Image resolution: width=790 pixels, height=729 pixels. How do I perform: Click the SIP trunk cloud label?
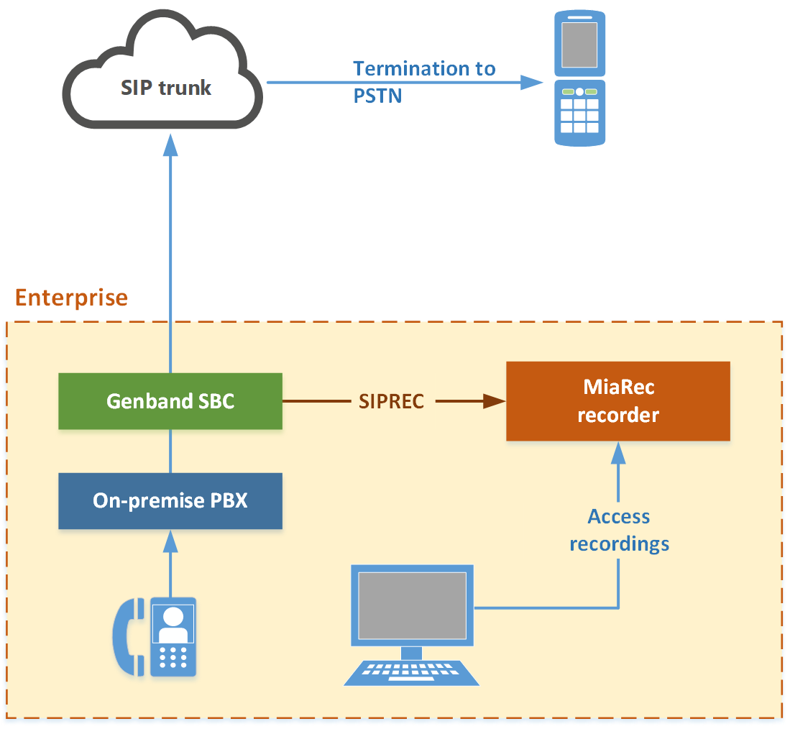[x=165, y=88]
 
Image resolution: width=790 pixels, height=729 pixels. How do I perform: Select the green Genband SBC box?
[x=170, y=401]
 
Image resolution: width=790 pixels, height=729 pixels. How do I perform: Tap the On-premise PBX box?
[x=170, y=500]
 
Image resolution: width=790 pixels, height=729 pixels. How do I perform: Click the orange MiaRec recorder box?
[x=618, y=401]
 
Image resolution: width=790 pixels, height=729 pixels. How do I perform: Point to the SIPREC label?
[x=392, y=401]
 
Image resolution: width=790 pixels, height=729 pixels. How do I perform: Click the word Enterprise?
[x=71, y=298]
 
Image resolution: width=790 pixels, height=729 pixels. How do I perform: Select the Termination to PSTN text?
[x=423, y=81]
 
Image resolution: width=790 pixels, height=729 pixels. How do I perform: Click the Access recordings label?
[x=619, y=530]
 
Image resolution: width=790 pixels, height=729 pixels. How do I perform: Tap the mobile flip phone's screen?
[x=579, y=45]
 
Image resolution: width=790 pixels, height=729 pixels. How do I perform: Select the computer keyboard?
[x=412, y=673]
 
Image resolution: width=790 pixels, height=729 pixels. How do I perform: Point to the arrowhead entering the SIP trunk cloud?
[x=170, y=145]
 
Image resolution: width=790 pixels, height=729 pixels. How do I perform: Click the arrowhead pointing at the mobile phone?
[x=532, y=82]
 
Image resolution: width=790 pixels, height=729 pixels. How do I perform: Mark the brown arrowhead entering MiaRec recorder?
[x=495, y=401]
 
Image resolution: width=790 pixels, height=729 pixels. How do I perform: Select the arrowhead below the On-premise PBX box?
[x=170, y=540]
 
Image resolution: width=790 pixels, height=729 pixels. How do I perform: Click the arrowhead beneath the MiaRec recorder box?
[x=618, y=451]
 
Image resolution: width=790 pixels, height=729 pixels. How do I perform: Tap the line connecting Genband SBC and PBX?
[x=170, y=451]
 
